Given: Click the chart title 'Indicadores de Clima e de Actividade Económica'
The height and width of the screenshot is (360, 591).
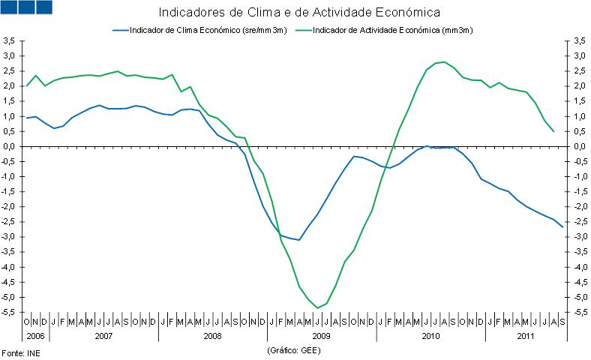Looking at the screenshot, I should pyautogui.click(x=298, y=13).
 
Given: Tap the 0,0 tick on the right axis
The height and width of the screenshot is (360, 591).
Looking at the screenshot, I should pyautogui.click(x=580, y=146).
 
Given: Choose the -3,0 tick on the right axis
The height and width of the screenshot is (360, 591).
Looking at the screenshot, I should pyautogui.click(x=580, y=237).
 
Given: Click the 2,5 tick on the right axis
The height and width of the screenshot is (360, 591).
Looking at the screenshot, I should pyautogui.click(x=580, y=71).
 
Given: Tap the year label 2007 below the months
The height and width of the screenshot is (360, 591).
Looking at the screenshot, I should pyautogui.click(x=103, y=335).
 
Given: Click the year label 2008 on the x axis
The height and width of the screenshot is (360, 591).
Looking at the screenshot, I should pyautogui.click(x=212, y=335).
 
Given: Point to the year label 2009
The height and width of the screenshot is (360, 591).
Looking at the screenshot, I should pyautogui.click(x=321, y=335).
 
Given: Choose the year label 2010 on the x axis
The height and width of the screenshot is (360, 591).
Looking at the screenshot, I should pyautogui.click(x=430, y=335).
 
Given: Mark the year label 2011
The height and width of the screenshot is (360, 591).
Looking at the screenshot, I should pyautogui.click(x=526, y=335).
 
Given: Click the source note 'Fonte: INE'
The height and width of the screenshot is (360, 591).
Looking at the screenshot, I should pyautogui.click(x=19, y=352).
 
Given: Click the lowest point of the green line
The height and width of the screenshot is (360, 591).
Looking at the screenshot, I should pyautogui.click(x=317, y=307).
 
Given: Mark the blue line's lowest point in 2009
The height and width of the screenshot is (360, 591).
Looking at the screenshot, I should pyautogui.click(x=298, y=240).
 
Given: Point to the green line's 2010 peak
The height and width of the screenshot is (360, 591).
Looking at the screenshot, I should pyautogui.click(x=444, y=62).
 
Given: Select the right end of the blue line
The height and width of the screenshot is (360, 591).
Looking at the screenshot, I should pyautogui.click(x=562, y=227).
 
